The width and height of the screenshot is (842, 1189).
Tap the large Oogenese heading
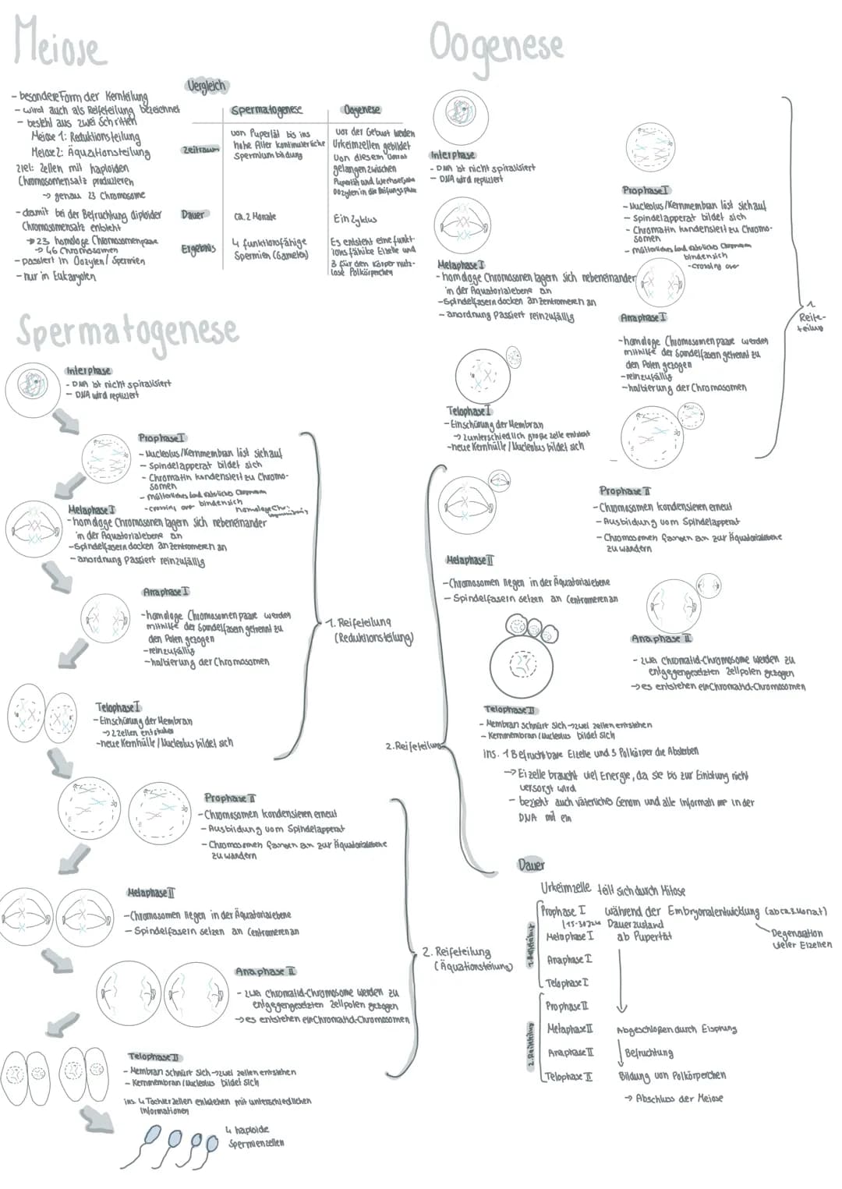(496, 44)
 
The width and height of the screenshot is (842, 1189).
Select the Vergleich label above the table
(206, 86)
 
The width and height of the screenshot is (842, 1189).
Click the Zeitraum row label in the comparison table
(199, 149)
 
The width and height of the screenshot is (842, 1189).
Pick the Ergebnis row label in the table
(198, 249)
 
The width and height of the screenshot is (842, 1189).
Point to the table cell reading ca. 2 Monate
(254, 216)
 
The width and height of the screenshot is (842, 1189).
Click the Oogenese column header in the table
(362, 110)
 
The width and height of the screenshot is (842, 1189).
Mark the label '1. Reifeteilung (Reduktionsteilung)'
(370, 630)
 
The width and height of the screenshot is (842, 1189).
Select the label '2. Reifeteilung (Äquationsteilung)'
(467, 958)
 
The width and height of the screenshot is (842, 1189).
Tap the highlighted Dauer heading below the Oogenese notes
(531, 865)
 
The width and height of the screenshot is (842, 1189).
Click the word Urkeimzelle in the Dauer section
(566, 889)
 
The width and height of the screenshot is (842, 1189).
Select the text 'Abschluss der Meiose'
(678, 1098)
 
